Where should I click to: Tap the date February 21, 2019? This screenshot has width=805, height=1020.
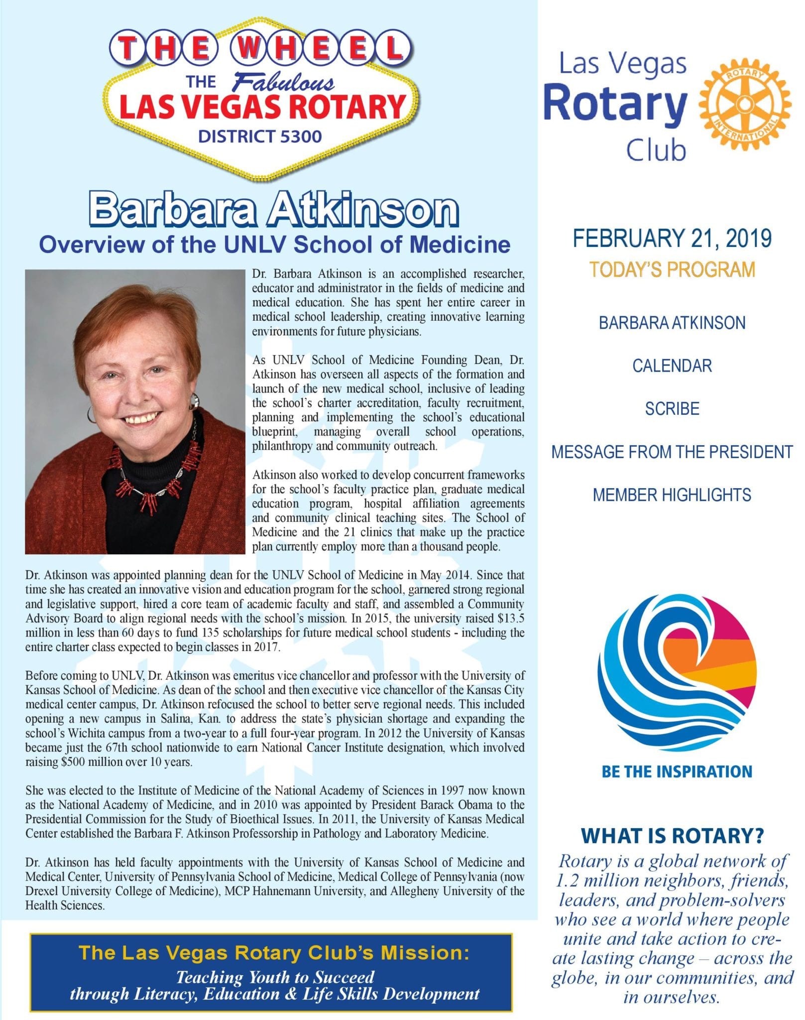click(672, 239)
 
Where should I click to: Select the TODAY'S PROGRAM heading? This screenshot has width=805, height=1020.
click(672, 269)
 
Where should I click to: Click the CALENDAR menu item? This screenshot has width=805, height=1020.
click(672, 366)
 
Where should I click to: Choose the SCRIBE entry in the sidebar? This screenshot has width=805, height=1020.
click(672, 409)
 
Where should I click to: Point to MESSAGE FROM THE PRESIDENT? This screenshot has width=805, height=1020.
click(672, 452)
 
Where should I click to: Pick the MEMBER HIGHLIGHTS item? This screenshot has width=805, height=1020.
click(672, 495)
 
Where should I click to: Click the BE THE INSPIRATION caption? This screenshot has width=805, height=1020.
click(677, 771)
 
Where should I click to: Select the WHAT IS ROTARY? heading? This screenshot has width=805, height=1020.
click(672, 836)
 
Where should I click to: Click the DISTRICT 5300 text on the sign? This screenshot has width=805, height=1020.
click(260, 136)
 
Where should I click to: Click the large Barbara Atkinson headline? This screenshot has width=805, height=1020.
click(273, 210)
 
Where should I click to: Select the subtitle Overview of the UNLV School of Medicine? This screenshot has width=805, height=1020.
click(275, 245)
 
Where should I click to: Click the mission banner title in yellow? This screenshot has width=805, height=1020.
click(274, 953)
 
